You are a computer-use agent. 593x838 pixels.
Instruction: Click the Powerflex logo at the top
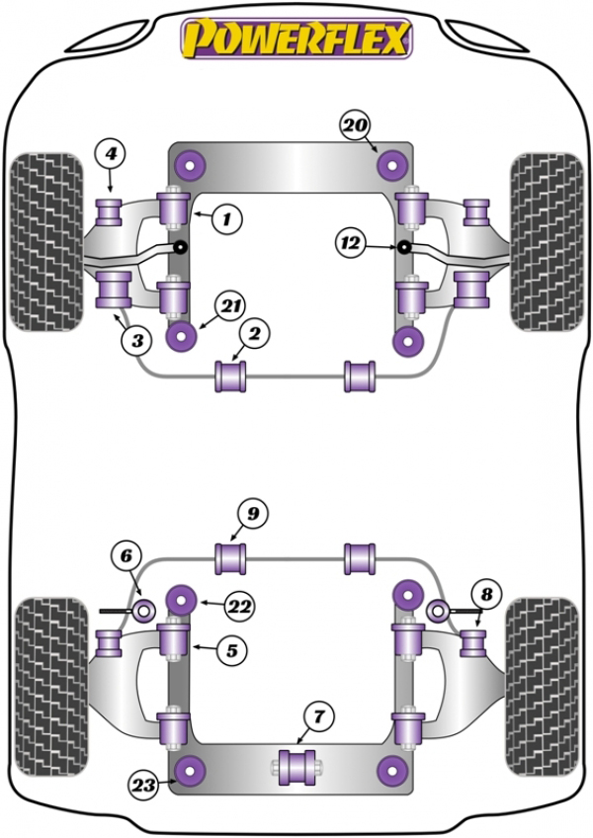[296, 39]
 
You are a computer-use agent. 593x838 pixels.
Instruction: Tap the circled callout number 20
[355, 126]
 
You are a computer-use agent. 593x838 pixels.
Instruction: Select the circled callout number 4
[110, 154]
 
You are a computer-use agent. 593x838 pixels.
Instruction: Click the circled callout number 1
[226, 218]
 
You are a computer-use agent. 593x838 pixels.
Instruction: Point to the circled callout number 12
[351, 243]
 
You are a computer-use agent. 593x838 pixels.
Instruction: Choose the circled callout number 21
[230, 306]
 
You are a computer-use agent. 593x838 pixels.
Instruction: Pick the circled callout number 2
[255, 334]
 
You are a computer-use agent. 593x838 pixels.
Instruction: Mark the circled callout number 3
[137, 339]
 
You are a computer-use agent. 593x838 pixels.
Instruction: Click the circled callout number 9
[252, 514]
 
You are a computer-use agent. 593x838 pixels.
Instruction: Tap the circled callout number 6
[127, 556]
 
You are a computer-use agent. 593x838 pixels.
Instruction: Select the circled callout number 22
[239, 606]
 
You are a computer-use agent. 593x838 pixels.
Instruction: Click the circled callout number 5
[231, 650]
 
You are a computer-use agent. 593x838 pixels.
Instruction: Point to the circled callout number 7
[318, 716]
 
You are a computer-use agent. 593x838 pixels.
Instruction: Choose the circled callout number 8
[486, 594]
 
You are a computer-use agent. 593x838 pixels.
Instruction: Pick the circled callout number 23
[143, 785]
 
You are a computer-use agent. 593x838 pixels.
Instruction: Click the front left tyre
[47, 242]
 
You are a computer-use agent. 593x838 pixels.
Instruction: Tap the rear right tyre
[543, 687]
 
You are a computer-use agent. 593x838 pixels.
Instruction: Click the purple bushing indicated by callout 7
[297, 768]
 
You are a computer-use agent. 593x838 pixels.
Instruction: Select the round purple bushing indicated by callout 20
[392, 166]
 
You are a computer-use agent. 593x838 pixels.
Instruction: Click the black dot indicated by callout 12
[404, 247]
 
